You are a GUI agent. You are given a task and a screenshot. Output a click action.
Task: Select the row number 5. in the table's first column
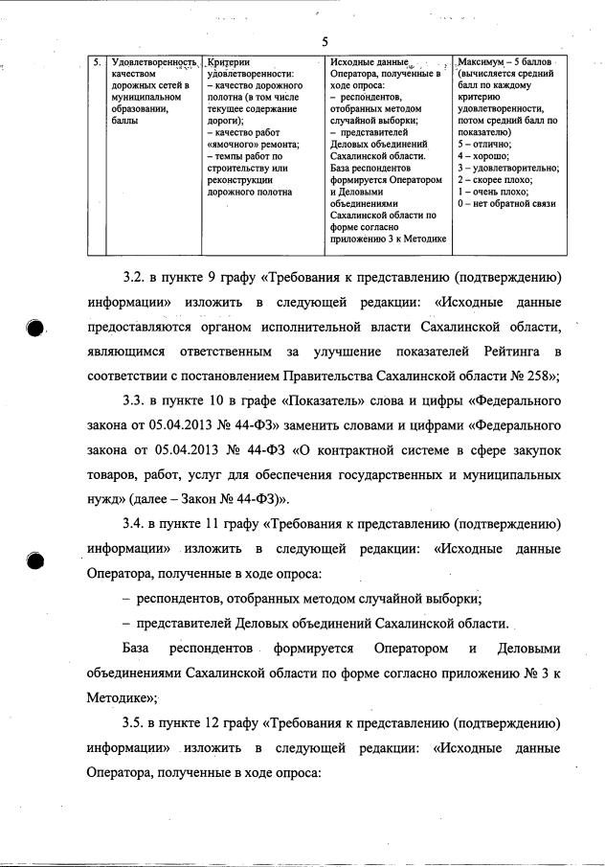(x=97, y=62)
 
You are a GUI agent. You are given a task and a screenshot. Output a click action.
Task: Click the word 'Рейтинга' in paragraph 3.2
(x=504, y=351)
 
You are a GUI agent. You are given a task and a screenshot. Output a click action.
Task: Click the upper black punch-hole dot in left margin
(x=35, y=328)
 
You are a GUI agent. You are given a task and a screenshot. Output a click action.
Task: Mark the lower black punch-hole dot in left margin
(x=35, y=562)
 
